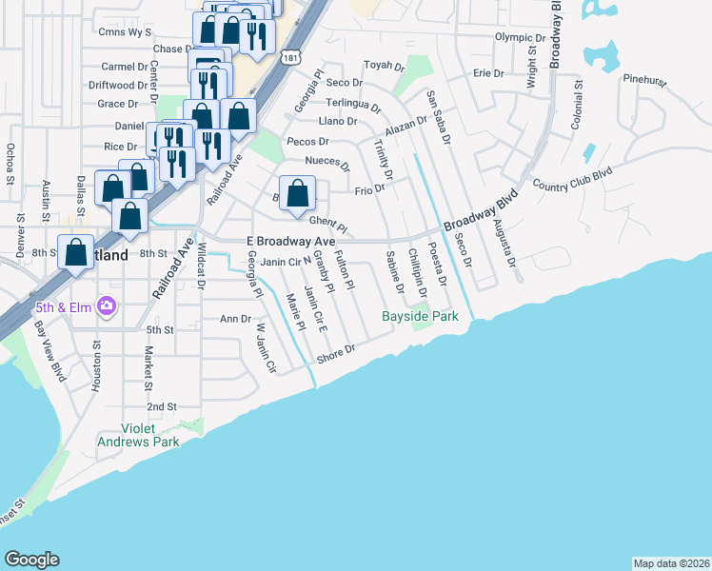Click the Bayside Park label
pos(420,316)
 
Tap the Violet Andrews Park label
pos(137,435)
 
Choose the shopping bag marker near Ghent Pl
pos(297,193)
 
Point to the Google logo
pos(31,560)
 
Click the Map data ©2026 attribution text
pos(671,563)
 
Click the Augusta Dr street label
pos(504,242)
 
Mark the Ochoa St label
pos(10,164)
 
